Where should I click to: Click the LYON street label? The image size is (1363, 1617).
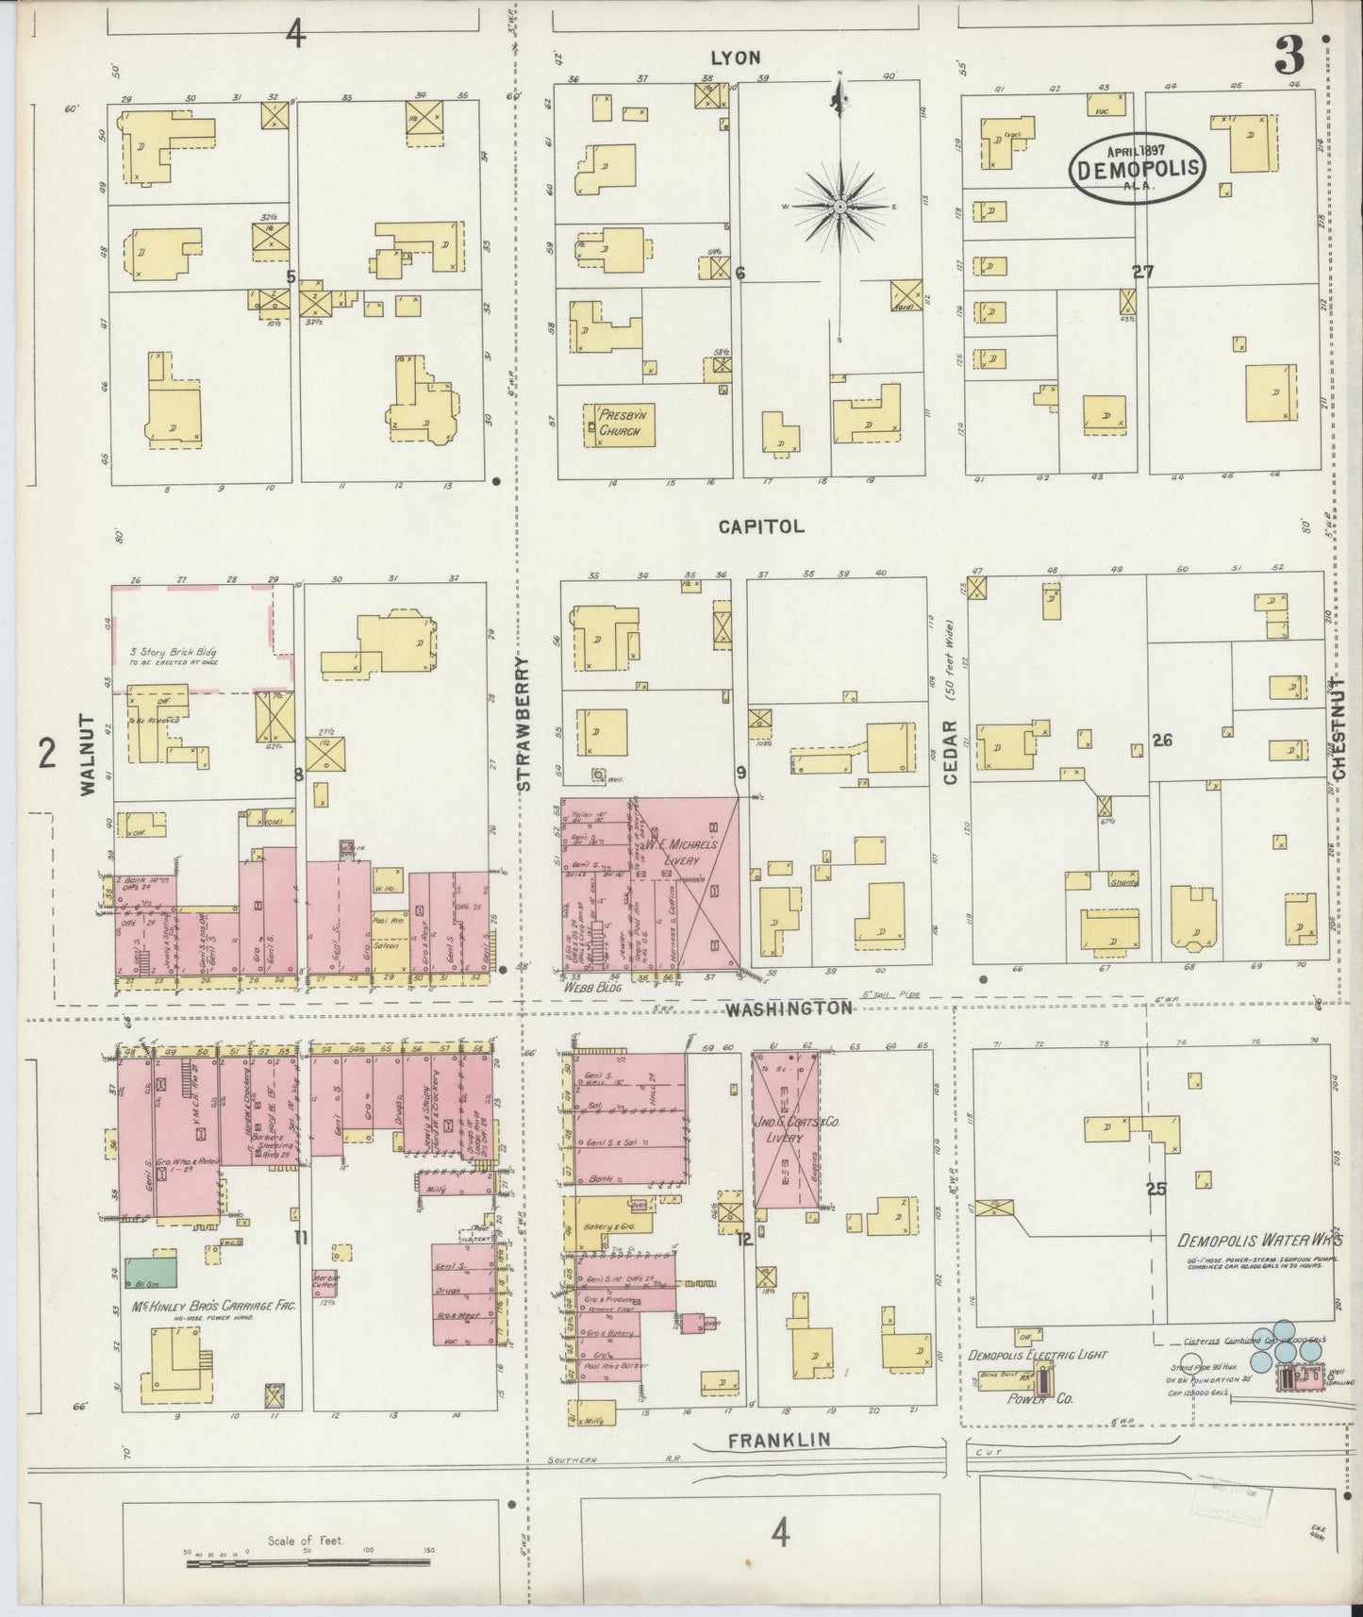(x=735, y=58)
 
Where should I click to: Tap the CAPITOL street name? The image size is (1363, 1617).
(x=760, y=526)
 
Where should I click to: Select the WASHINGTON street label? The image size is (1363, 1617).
(x=788, y=1008)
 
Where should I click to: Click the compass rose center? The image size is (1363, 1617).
(x=839, y=206)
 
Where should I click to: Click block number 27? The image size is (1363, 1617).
(x=1143, y=272)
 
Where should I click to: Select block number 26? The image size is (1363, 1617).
(x=1161, y=741)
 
